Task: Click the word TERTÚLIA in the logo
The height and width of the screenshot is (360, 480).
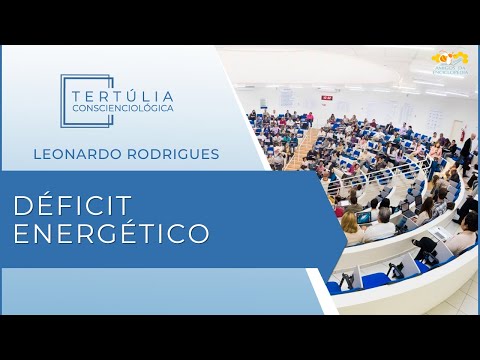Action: coord(122,92)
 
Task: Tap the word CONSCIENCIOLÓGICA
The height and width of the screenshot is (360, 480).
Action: coord(122,107)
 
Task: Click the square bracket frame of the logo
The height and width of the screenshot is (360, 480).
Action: coord(65,100)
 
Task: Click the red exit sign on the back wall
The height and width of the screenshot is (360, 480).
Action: coord(326,97)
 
